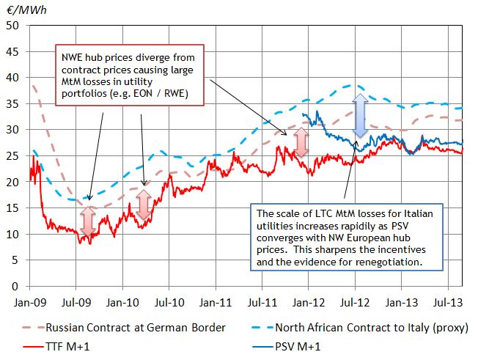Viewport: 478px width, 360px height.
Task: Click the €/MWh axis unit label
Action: point(21,8)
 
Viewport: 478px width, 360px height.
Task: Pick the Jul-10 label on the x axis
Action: point(168,300)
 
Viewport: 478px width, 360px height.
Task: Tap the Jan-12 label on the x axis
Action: point(308,300)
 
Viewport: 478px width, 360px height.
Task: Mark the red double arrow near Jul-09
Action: point(88,222)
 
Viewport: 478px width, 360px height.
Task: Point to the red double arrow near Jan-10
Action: point(144,205)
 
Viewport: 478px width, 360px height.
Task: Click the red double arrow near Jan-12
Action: point(300,143)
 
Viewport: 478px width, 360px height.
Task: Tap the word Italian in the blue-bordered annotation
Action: point(419,213)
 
